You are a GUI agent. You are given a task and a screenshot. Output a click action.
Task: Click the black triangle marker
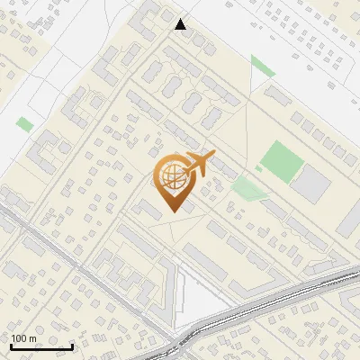tap(181, 24)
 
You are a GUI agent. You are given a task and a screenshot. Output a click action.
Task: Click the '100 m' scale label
tap(23, 338)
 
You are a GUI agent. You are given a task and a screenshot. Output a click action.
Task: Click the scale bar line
tap(41, 346)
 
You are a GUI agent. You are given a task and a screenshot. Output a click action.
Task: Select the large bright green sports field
tap(282, 159)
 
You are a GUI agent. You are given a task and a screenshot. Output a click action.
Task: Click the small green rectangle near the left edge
tap(24, 124)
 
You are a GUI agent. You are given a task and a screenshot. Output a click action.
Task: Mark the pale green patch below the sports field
tap(245, 188)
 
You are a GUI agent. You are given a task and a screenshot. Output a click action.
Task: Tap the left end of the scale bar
tap(11, 346)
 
